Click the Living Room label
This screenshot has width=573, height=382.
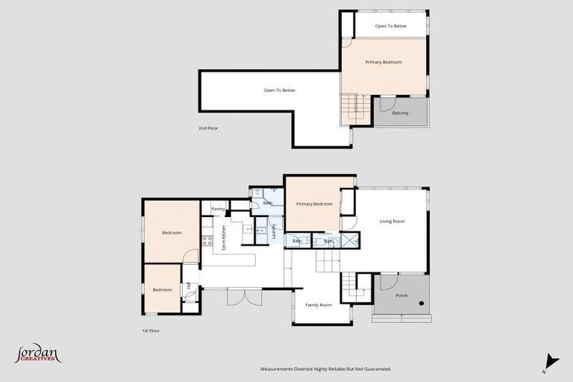coord(392,221)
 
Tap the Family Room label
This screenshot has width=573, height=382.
coord(317,305)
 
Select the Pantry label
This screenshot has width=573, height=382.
coord(218,210)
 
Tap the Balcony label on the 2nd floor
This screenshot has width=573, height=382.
coord(400,113)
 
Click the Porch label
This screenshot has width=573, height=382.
coord(401,295)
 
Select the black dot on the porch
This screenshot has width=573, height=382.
coord(422,303)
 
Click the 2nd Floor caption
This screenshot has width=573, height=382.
coord(208,128)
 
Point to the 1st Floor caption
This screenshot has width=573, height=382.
coord(151,331)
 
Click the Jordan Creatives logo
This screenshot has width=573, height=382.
coord(37,354)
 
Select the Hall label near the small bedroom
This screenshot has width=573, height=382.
coord(188,285)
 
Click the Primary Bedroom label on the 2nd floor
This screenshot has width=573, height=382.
coord(383,62)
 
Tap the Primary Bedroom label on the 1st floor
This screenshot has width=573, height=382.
coord(313,204)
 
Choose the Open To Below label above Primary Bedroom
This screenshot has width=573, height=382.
coord(390,26)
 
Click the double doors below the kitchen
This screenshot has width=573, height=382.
coord(244,296)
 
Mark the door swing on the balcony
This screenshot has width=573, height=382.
coord(387,104)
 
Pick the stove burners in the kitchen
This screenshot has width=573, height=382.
coord(207,241)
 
